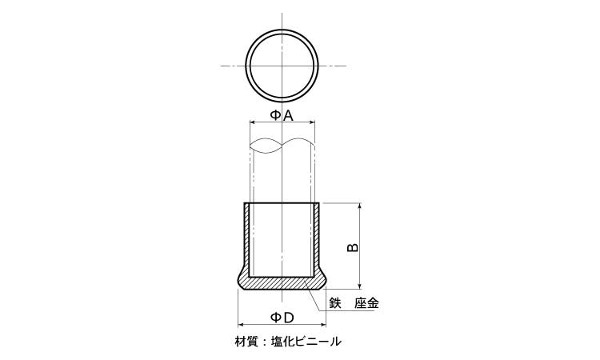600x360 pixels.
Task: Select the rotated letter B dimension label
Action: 353,247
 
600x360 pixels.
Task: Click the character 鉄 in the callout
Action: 335,303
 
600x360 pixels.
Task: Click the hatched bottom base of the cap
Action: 282,283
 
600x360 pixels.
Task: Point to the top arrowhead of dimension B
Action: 360,207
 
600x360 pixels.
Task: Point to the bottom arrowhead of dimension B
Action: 360,285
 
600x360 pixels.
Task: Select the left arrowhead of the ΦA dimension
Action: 254,122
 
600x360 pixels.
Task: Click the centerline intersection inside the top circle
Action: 282,65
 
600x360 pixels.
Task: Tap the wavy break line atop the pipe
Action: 282,146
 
